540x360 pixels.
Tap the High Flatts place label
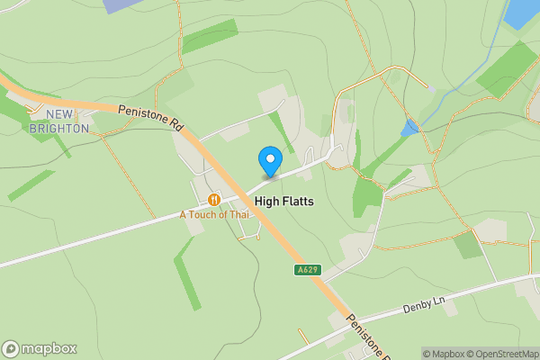click(284, 202)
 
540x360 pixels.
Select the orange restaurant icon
click(214, 199)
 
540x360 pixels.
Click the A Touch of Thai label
click(213, 214)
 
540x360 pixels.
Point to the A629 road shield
click(306, 269)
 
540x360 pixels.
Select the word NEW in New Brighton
click(58, 114)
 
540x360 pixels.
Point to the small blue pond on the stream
click(410, 127)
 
